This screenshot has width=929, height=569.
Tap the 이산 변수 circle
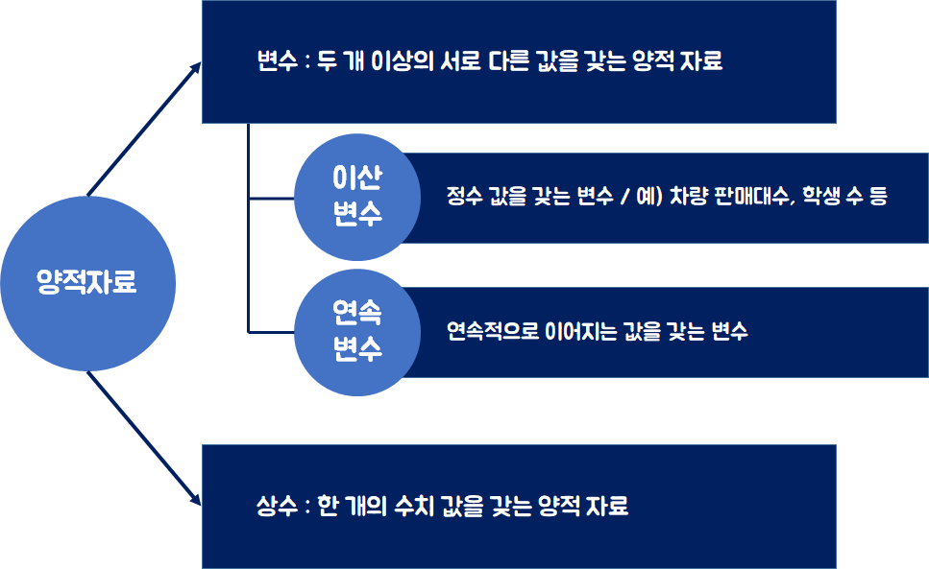pyautogui.click(x=357, y=197)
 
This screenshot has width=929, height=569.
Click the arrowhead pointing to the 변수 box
pyautogui.click(x=196, y=68)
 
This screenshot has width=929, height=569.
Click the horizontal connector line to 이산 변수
pyautogui.click(x=272, y=199)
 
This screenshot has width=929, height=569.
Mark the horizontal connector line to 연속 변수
pyautogui.click(x=272, y=332)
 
